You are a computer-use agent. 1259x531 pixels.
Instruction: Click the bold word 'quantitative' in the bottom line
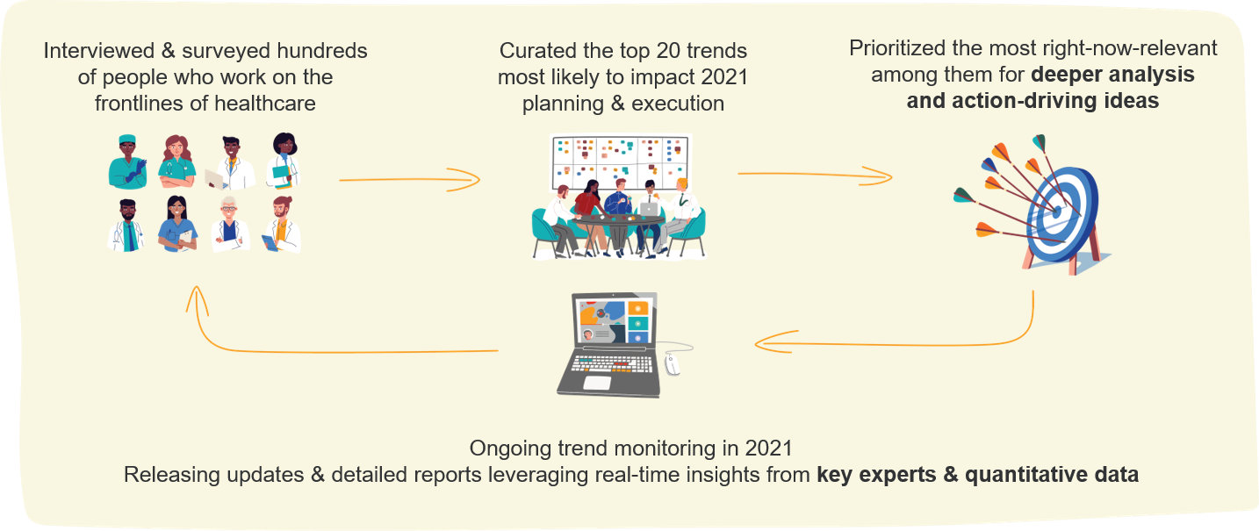(1023, 475)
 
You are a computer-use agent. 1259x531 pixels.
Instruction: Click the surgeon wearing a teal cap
(128, 161)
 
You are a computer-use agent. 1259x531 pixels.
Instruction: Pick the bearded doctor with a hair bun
(282, 227)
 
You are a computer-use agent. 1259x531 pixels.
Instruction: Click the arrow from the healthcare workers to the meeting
(409, 182)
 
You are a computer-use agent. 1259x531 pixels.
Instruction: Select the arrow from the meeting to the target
(814, 176)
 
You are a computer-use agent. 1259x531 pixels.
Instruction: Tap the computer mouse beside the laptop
(673, 365)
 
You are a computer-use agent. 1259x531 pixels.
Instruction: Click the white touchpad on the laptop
(597, 383)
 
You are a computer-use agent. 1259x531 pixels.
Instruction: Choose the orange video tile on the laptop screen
(640, 308)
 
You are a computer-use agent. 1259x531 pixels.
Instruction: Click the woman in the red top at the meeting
(587, 204)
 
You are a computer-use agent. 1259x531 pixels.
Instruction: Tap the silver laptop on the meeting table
(649, 210)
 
